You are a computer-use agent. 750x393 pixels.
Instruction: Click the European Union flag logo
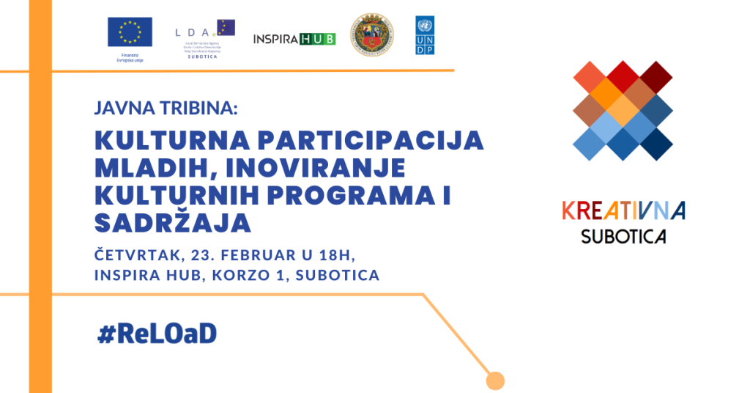point(130,32)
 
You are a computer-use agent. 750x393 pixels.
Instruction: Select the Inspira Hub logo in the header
point(294,39)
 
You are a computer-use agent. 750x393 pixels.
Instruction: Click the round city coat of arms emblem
point(371,34)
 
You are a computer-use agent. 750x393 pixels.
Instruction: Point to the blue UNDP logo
point(425,34)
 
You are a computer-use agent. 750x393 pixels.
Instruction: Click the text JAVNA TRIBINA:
point(166,109)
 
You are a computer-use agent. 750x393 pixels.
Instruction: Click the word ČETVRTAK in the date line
point(138,254)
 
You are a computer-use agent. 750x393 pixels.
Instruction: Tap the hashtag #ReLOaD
point(157,334)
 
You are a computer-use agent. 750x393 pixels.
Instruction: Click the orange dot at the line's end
point(496,381)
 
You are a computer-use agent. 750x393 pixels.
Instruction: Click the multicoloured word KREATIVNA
point(623,210)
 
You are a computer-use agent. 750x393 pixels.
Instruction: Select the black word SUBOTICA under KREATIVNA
point(623,236)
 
